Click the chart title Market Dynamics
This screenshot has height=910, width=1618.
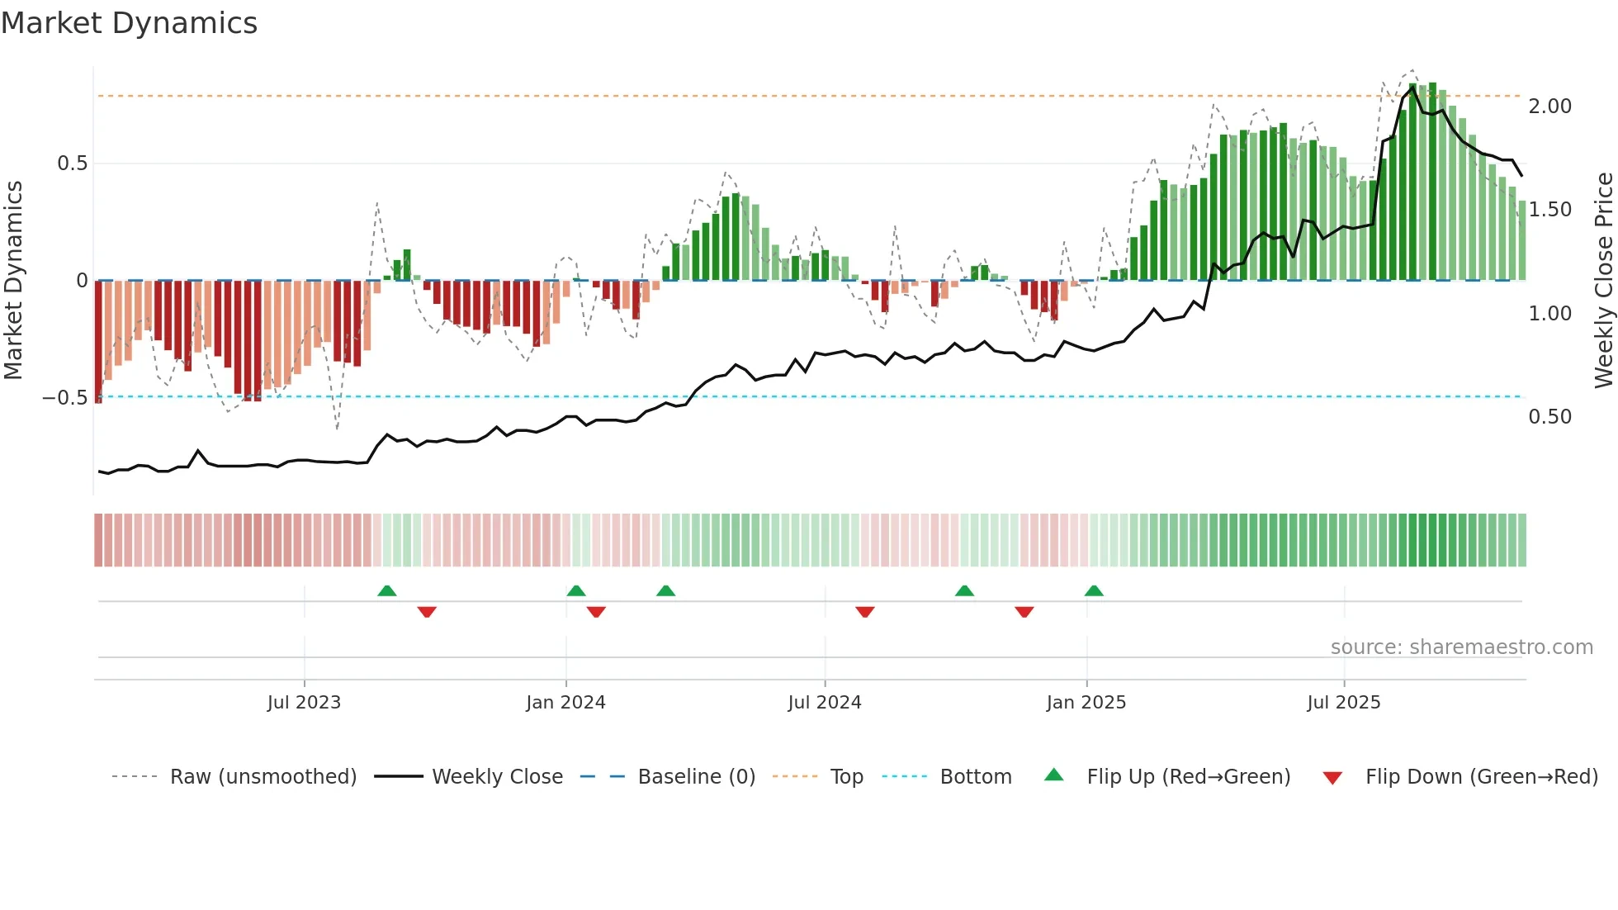(130, 23)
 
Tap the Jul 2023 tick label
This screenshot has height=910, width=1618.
(304, 703)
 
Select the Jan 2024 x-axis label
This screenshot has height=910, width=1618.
(565, 703)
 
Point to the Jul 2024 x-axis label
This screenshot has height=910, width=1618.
(825, 703)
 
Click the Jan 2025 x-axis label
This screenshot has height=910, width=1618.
(1086, 703)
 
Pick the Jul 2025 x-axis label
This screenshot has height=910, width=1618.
(1344, 703)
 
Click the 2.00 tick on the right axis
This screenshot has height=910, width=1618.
(1549, 107)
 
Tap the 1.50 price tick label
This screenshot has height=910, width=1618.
(1549, 210)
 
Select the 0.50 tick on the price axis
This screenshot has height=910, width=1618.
(1549, 417)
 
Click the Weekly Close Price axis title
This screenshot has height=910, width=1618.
(1604, 281)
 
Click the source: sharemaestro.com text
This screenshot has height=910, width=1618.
(1461, 647)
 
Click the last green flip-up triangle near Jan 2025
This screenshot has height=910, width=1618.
(1094, 590)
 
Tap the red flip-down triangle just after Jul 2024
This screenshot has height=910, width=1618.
(865, 612)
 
